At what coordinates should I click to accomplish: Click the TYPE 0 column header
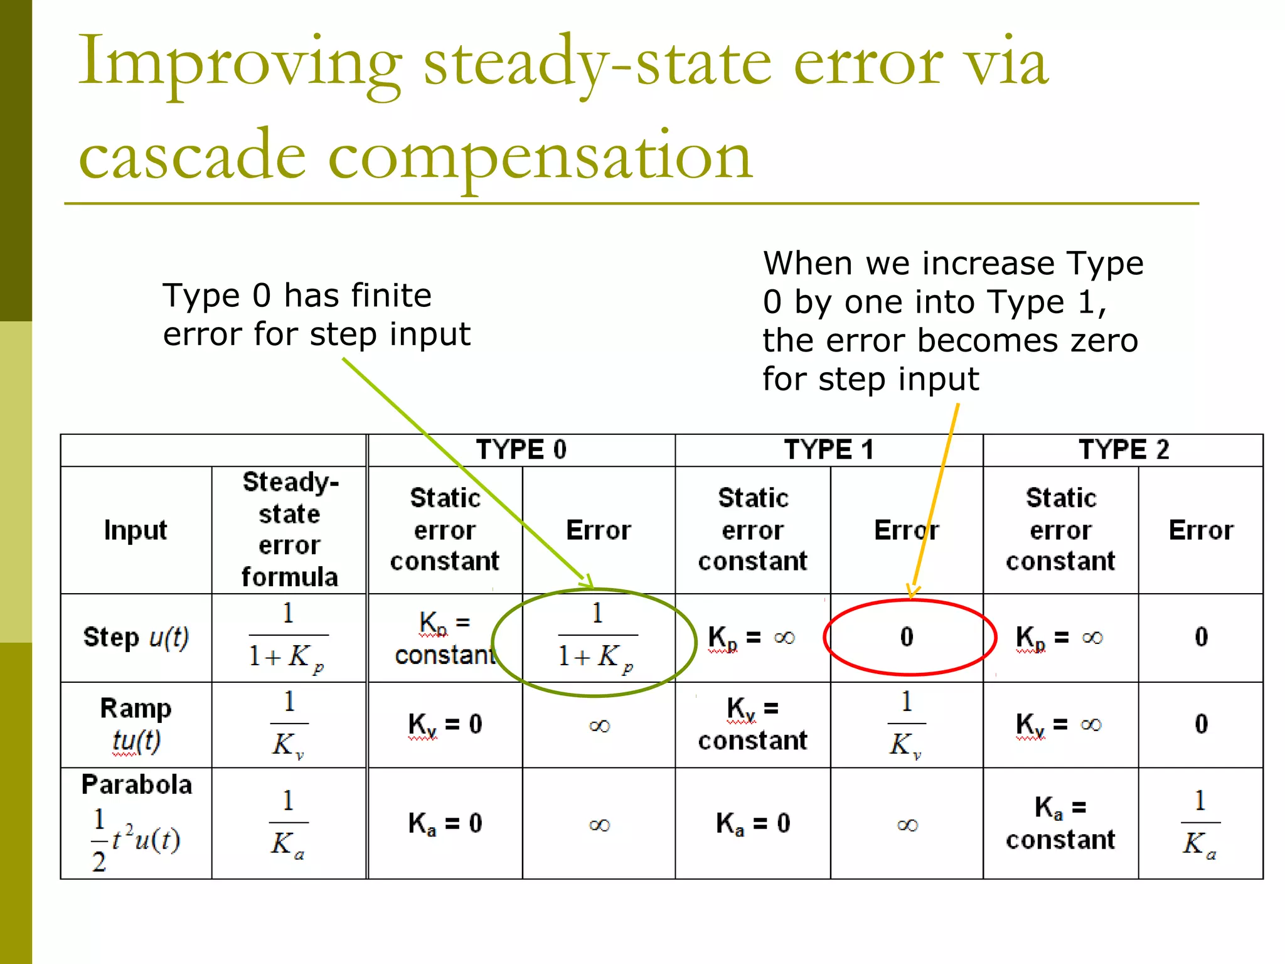[521, 450]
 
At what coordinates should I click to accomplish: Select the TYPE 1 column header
[828, 450]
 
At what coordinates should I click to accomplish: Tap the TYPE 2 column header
[1123, 450]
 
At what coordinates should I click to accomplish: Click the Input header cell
[136, 530]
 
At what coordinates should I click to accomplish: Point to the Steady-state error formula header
[289, 530]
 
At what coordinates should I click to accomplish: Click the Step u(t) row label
[136, 638]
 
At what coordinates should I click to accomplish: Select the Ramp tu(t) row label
[136, 724]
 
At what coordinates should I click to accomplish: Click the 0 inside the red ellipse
[907, 637]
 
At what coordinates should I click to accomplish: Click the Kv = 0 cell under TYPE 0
[445, 724]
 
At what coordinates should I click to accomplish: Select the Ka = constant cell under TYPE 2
[1060, 823]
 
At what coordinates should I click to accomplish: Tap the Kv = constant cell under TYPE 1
[752, 724]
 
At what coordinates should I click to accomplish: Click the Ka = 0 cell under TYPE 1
[752, 823]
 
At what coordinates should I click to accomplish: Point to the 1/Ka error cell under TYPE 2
[1200, 823]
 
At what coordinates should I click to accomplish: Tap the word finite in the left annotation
[390, 296]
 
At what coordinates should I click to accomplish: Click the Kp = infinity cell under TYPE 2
[1059, 638]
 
